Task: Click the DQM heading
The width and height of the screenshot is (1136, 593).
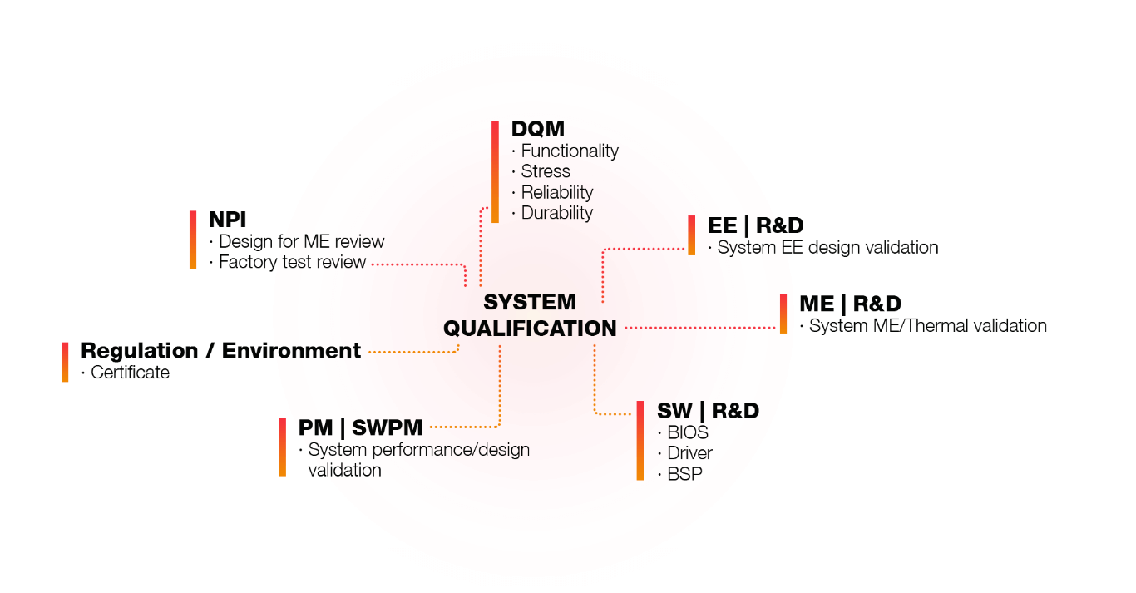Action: pos(537,129)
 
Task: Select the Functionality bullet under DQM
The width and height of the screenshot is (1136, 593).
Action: pos(569,151)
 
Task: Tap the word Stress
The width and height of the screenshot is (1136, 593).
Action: pos(546,171)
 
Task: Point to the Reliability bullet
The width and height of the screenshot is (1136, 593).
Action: pos(556,192)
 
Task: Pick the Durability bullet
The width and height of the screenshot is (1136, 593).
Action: pos(556,213)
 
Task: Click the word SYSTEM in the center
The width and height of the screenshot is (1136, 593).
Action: pos(530,303)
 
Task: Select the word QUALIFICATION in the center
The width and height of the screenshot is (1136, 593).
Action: pos(530,329)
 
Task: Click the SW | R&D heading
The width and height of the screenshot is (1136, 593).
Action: pos(708,411)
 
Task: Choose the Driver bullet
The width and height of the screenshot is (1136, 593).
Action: pos(689,454)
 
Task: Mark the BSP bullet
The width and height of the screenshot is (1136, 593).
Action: pos(684,475)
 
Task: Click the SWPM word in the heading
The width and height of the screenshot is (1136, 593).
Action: pos(387,428)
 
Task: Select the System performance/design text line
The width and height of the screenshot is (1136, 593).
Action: pos(419,450)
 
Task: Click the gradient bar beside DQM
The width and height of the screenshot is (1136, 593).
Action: pos(495,171)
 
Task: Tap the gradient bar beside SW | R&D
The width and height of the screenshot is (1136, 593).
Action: pos(640,441)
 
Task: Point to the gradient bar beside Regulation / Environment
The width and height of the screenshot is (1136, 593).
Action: pos(65,362)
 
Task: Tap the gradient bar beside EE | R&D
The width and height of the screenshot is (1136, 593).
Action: pos(691,235)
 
